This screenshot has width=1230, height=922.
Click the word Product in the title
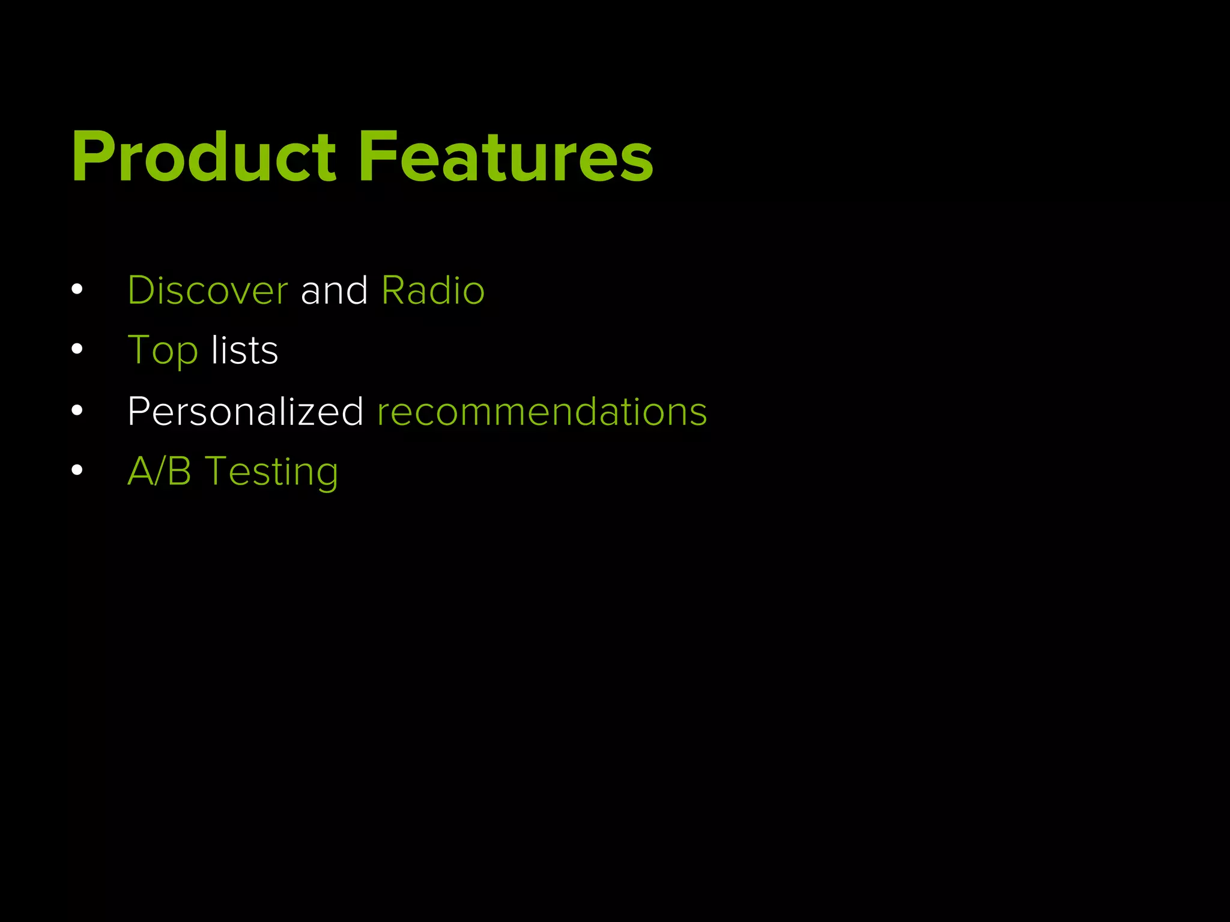(x=204, y=157)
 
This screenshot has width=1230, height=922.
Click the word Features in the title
(x=506, y=157)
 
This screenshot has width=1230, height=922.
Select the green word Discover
(x=208, y=291)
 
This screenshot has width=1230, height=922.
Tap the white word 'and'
(x=334, y=291)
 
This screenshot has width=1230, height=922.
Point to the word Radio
(x=432, y=291)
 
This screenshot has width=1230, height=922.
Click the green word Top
(x=162, y=351)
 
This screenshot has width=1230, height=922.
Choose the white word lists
(x=244, y=351)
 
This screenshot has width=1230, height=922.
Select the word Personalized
(x=245, y=412)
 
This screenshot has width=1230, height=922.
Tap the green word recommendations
(x=542, y=412)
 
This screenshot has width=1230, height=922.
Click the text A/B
(x=159, y=471)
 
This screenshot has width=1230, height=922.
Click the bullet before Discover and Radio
(x=77, y=289)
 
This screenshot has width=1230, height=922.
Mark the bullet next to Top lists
(x=77, y=349)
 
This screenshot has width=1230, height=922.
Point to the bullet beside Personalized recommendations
(x=77, y=411)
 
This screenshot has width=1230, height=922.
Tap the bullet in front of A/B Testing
(x=77, y=470)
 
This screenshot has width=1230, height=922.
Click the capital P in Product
(x=91, y=157)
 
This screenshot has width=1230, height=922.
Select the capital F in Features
(x=377, y=157)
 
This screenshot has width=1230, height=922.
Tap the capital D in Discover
(x=141, y=291)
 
